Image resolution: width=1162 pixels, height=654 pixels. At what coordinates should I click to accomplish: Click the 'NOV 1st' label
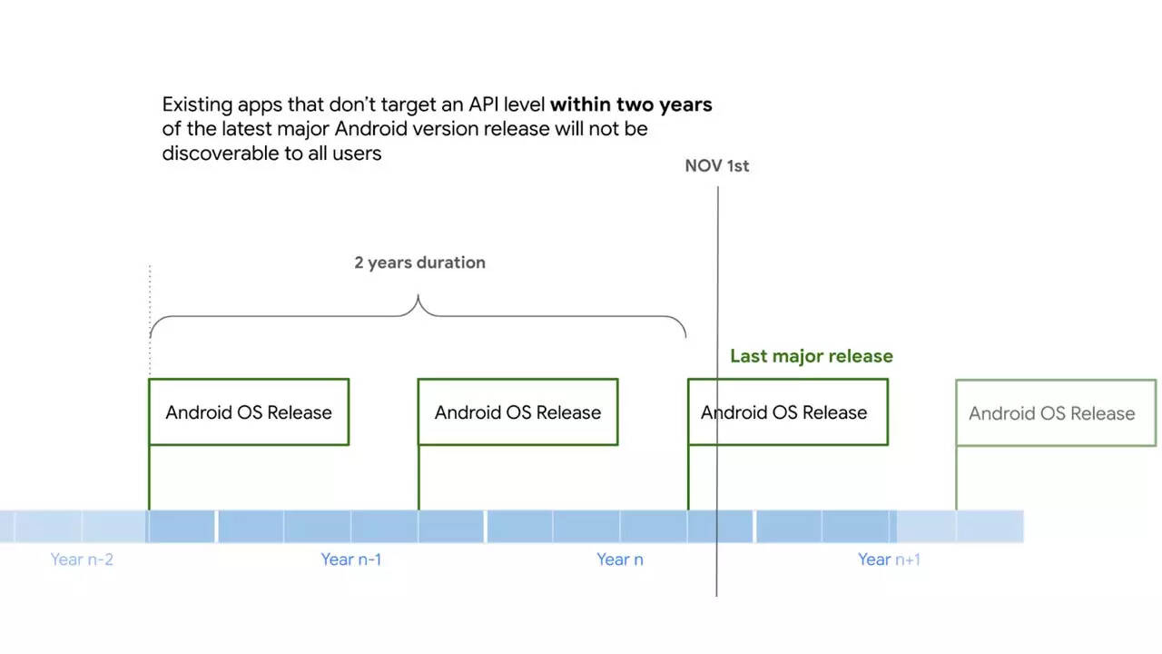point(716,166)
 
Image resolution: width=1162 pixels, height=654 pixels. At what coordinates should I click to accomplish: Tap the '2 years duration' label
point(419,263)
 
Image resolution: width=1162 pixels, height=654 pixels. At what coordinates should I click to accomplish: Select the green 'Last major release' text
point(811,356)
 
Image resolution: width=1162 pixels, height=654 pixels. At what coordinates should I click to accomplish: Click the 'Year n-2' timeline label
point(82,560)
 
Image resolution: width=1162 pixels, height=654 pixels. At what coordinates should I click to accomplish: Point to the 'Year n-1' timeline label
point(350,560)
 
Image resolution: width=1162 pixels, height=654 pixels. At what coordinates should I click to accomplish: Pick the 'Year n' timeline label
point(619,560)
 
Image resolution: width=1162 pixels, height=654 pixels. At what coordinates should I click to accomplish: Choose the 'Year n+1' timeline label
point(889,560)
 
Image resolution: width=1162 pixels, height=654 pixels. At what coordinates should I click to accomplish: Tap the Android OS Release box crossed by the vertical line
point(787,412)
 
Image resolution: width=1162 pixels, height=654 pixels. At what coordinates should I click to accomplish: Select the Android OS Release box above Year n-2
point(248,412)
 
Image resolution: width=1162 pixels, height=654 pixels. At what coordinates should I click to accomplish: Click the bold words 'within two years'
point(631,104)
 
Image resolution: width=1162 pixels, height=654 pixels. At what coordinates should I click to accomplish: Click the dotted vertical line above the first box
point(150,300)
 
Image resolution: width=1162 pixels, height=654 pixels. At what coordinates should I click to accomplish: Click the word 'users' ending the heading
point(356,154)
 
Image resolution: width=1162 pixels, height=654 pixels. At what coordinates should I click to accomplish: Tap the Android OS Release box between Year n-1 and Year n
point(517,412)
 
